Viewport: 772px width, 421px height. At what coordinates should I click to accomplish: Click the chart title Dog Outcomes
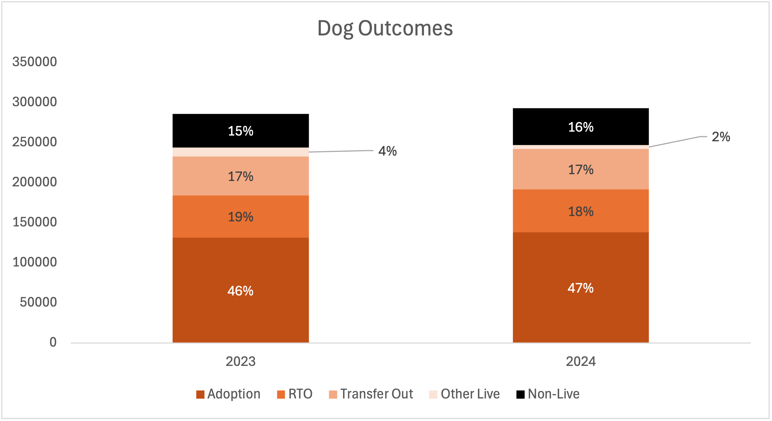coord(385,28)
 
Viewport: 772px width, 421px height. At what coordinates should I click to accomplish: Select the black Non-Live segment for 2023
coord(240,131)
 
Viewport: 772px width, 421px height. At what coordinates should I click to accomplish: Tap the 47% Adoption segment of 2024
coord(580,288)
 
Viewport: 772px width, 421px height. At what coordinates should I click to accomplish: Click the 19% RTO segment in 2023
coord(240,217)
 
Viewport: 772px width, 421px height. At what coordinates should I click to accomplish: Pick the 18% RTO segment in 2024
coord(580,211)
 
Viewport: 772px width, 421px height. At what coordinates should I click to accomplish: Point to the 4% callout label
coord(387,151)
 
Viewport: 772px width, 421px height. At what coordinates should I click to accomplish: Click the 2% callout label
coord(720,137)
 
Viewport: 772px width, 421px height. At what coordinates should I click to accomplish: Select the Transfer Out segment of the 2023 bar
coord(240,176)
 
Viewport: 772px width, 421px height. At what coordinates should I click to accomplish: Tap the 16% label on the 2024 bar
coord(580,127)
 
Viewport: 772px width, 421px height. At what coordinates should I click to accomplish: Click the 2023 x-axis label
coord(240,361)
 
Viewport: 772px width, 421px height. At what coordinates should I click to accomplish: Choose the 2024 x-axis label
coord(580,361)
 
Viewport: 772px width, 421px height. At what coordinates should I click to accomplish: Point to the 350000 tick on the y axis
coord(34,62)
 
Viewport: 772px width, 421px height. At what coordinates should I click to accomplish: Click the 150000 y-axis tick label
coord(34,222)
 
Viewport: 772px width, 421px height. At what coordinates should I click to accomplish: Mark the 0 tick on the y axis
coord(53,342)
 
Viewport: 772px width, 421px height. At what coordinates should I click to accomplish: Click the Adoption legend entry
coord(228,394)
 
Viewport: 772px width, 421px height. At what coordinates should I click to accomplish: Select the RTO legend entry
coord(295,394)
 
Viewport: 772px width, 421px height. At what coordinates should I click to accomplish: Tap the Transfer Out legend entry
coord(371,394)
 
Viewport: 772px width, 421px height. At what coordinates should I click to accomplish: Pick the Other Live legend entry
coord(464,394)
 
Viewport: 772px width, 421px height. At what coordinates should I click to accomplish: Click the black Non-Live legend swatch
coord(521,394)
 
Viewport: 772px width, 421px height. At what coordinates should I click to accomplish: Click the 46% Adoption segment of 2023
coord(240,290)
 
